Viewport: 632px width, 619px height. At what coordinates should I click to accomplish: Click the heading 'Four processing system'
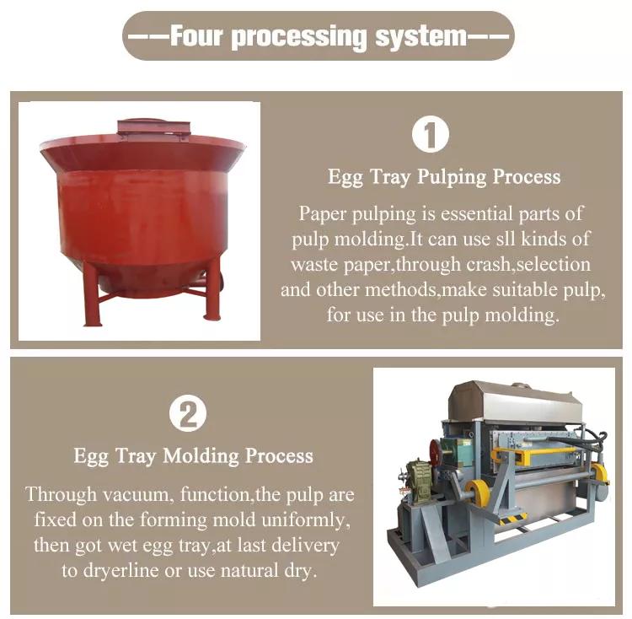pos(318,37)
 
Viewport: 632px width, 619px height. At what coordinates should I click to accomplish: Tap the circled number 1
pos(431,134)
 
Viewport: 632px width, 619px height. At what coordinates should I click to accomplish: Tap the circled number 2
pos(188,414)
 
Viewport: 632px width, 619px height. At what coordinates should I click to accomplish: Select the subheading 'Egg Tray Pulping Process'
pos(444,177)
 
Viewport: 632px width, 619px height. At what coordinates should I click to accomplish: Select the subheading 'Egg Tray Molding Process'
pos(194,456)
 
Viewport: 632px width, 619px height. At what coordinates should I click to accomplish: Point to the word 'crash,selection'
pos(528,264)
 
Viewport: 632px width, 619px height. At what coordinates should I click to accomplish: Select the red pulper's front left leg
pos(92,295)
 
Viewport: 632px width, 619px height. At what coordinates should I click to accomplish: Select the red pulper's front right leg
pos(212,288)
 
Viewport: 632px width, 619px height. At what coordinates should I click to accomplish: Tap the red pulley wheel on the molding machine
pos(436,454)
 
